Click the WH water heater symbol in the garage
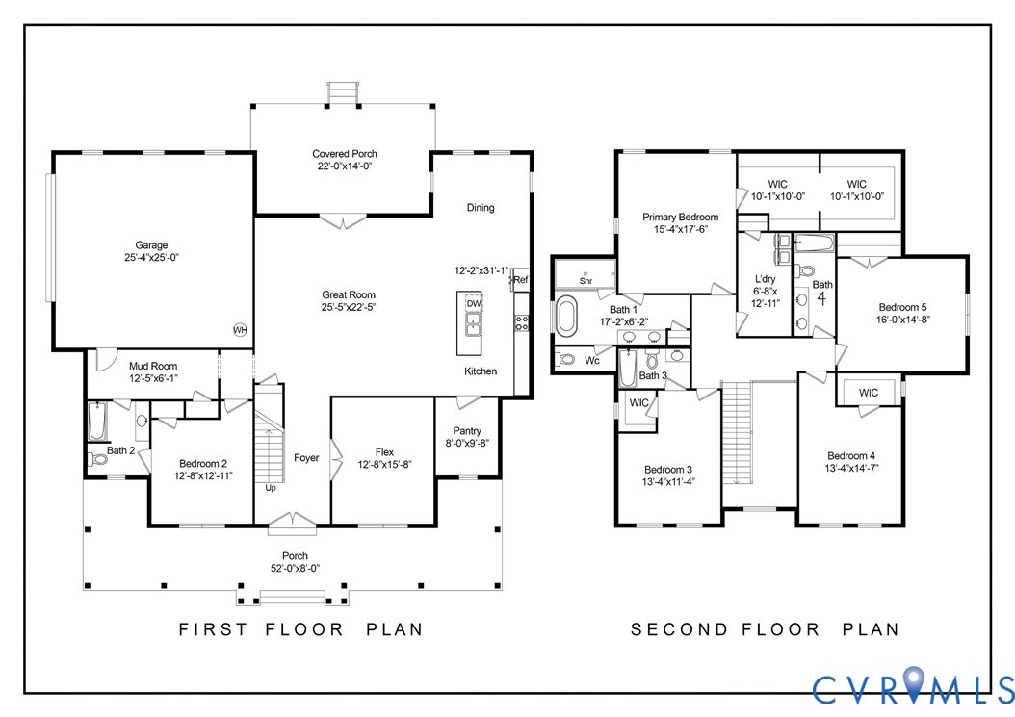coord(240,330)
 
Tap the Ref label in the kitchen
coord(520,280)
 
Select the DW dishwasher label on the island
coord(474,303)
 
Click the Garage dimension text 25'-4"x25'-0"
coord(151,258)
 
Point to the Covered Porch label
coord(345,154)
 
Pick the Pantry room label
coord(467,431)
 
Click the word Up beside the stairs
coord(271,488)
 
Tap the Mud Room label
coord(153,367)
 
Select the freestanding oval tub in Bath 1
coord(566,316)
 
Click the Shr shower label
coord(586,281)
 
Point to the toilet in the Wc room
coord(565,359)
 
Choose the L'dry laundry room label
coord(766,279)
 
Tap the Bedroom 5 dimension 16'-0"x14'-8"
coord(902,320)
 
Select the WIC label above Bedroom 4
coord(868,393)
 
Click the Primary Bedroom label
coord(680,218)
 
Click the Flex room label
coord(384,452)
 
